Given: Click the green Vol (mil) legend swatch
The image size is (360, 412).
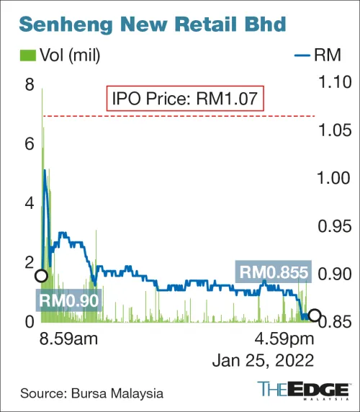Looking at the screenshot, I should coord(27,55).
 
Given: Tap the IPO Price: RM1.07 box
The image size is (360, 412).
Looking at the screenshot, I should coord(186,98).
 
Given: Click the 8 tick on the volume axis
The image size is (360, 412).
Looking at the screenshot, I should coord(30,85).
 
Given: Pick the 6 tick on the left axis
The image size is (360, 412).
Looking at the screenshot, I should coord(30,144).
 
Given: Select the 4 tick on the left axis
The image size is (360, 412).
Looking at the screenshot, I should coord(30,203).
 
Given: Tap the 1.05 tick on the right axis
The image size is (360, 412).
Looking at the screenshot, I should coord(334,131).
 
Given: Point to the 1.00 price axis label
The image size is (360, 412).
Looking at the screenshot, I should coord(334,179).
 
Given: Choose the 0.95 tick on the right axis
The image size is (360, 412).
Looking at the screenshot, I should coord(334,227).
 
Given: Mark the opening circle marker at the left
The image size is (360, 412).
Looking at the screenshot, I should coord(41,275).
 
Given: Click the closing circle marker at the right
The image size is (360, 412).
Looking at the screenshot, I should coord(314,316).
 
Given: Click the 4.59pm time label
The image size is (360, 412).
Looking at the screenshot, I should coord(286,339).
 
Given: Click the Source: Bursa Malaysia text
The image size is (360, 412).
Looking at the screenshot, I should coord(91,393).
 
